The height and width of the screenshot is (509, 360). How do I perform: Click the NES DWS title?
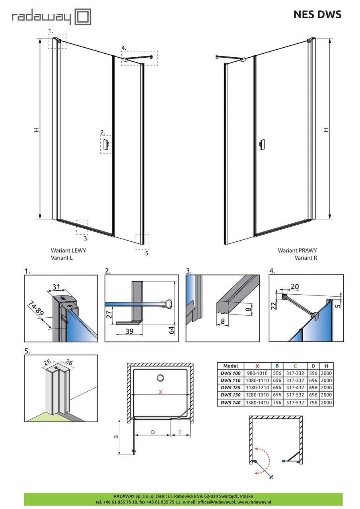click(x=317, y=15)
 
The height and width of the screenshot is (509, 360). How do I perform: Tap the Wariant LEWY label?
click(x=68, y=251)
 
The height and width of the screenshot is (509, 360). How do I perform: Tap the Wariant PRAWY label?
click(x=297, y=251)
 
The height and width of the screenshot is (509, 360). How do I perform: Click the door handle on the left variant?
click(x=106, y=145)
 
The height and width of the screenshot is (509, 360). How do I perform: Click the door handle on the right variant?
click(x=261, y=145)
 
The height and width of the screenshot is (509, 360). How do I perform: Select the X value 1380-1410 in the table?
click(x=257, y=403)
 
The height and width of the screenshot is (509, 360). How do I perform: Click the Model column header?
click(x=231, y=366)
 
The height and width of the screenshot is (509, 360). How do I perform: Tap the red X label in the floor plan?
click(x=160, y=392)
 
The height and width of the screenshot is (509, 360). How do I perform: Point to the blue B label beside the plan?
click(x=116, y=437)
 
